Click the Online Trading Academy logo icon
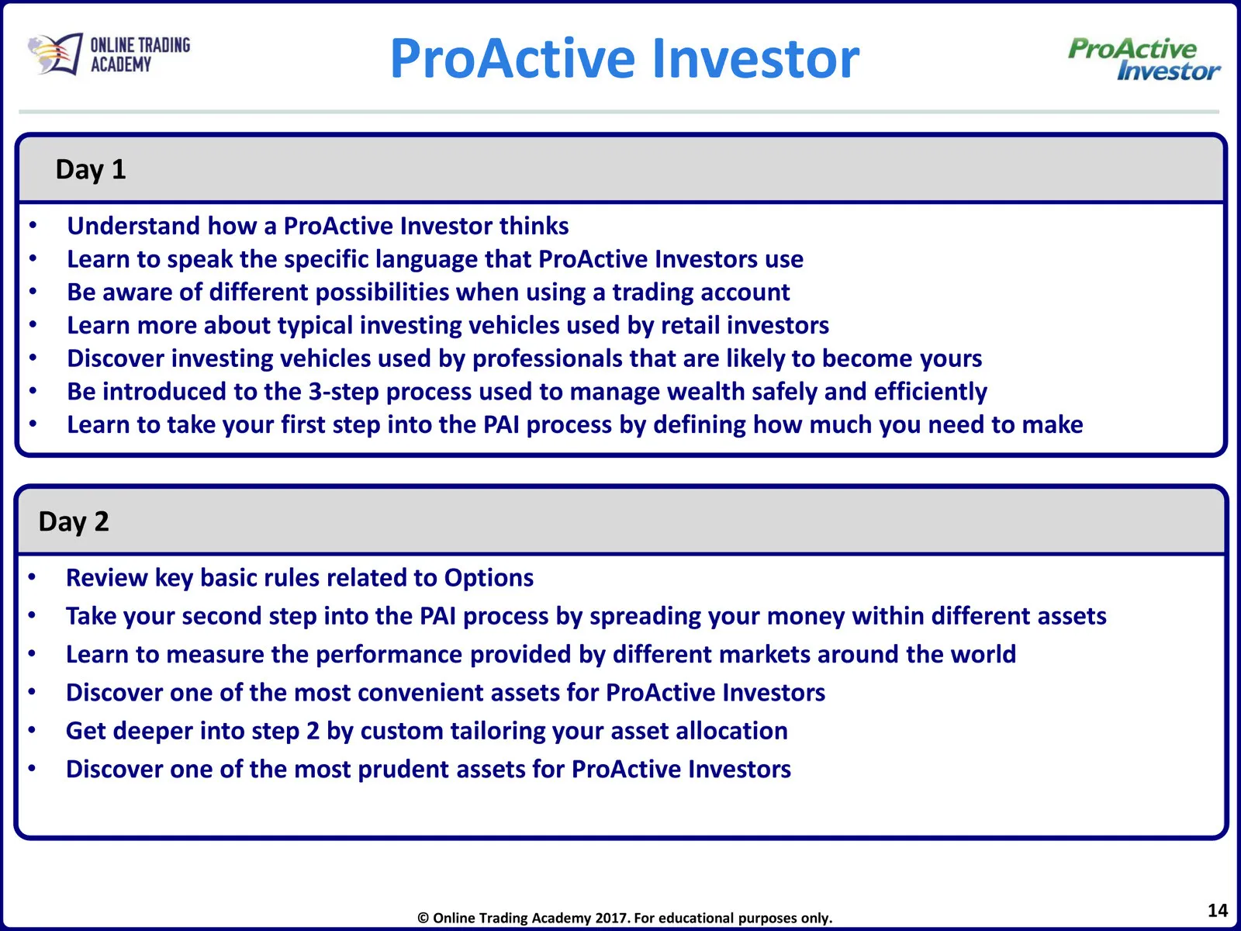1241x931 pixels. [x=55, y=54]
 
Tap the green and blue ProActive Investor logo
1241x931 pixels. [x=1144, y=59]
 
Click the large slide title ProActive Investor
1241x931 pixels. [x=624, y=58]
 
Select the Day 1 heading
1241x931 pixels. [x=91, y=170]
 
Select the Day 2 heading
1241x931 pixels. [x=74, y=521]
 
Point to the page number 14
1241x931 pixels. [x=1217, y=910]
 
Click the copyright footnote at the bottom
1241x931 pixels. [x=624, y=918]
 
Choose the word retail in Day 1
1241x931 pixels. [x=690, y=325]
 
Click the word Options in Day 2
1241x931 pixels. [x=489, y=578]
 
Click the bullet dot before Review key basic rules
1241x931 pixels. [x=32, y=577]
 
